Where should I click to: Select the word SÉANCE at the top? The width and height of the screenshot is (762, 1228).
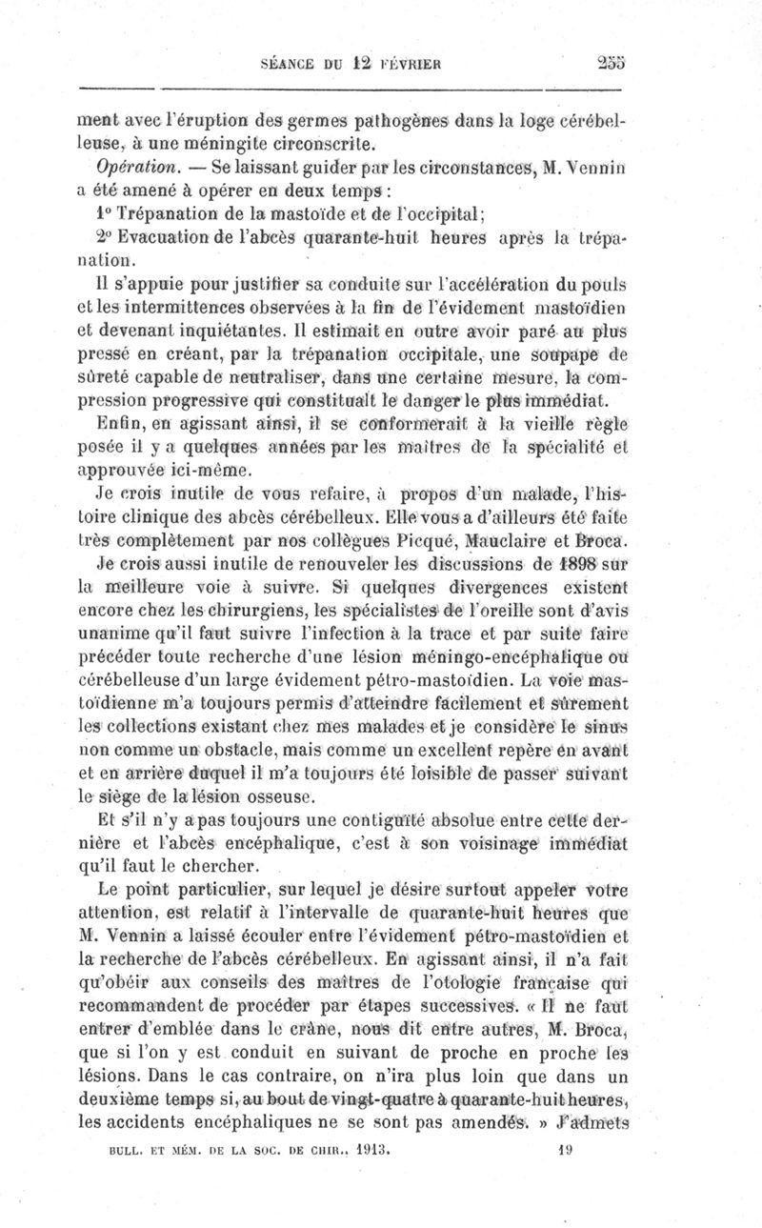[x=290, y=64]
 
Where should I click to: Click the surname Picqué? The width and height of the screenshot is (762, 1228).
[x=415, y=542]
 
